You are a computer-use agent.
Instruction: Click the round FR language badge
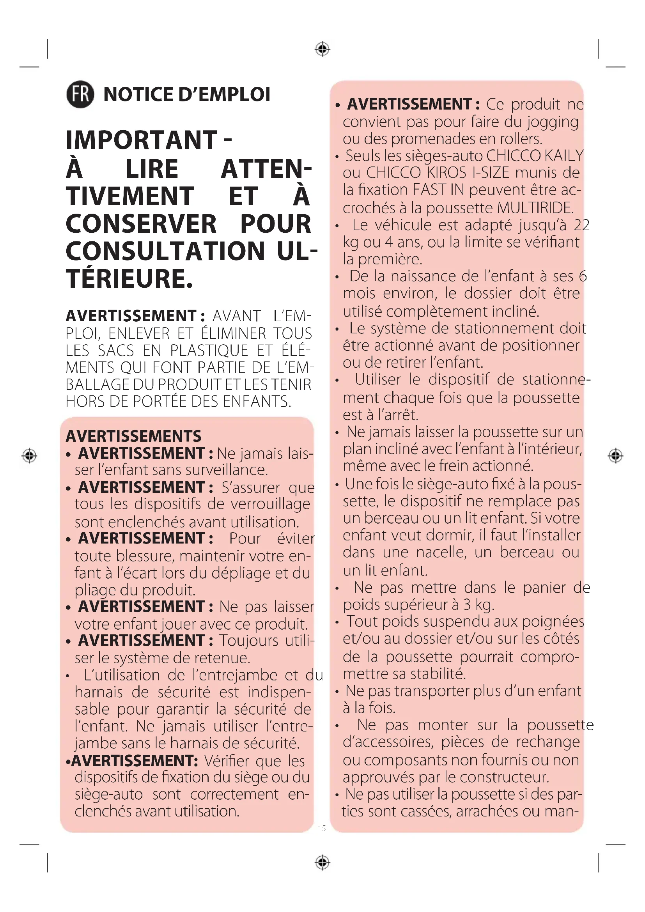click(80, 94)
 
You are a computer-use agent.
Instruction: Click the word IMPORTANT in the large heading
click(142, 140)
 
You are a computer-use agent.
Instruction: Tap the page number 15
click(322, 828)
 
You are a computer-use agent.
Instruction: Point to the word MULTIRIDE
click(535, 208)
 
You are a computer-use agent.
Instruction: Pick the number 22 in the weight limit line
click(581, 225)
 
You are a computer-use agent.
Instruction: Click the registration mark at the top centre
click(322, 49)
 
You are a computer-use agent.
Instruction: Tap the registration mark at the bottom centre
click(322, 862)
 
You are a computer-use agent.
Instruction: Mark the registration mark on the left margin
click(29, 455)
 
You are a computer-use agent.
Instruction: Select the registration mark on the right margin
click(615, 455)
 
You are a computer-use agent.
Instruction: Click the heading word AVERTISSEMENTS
click(133, 436)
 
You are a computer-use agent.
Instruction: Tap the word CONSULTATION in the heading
click(165, 251)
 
